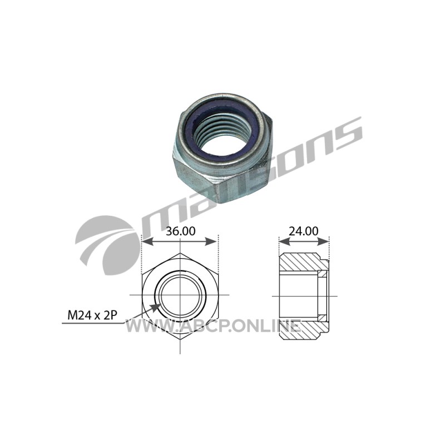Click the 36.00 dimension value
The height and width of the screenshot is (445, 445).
click(180, 231)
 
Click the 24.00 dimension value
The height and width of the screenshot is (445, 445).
click(303, 231)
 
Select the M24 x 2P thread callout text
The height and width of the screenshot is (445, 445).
click(92, 315)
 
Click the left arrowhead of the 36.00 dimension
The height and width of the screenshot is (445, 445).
click(147, 242)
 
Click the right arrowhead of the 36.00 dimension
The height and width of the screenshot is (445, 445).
click(212, 242)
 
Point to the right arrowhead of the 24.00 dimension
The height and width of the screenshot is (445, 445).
click(323, 242)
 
